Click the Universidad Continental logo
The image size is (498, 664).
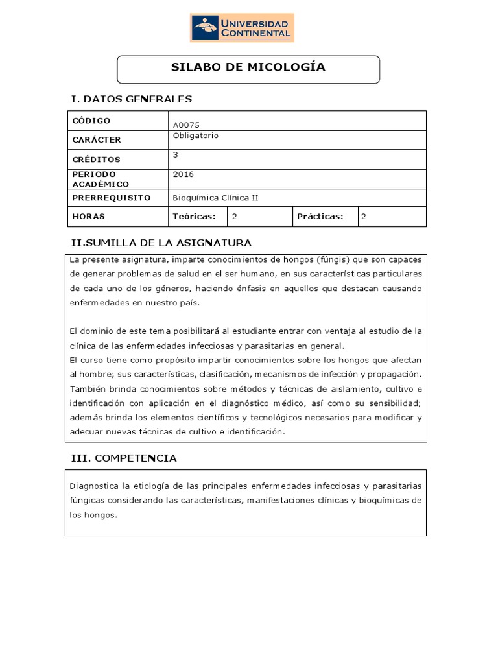[242, 27]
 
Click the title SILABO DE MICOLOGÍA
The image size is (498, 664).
[248, 67]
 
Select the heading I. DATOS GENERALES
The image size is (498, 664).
[131, 99]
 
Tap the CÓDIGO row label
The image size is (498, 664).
[91, 121]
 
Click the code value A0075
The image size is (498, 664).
[184, 126]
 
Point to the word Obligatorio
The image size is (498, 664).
[196, 136]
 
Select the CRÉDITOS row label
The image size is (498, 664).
[96, 160]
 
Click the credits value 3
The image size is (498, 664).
[176, 155]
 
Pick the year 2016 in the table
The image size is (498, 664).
[184, 174]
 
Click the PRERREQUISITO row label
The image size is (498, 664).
[112, 198]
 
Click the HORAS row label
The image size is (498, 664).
[89, 217]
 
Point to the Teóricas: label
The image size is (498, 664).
[193, 217]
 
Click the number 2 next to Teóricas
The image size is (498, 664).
[234, 217]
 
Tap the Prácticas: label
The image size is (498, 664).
[320, 217]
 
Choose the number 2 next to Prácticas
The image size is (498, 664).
[364, 217]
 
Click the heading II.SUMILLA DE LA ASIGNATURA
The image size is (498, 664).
[161, 243]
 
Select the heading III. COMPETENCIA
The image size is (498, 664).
[124, 458]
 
